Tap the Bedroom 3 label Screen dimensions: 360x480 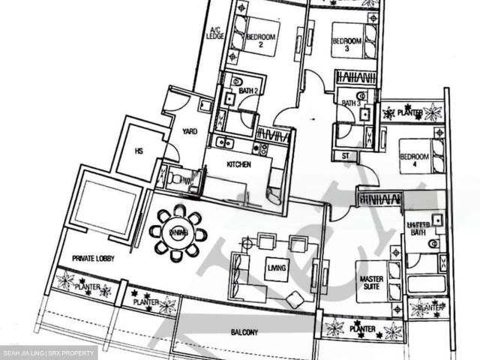click(346, 43)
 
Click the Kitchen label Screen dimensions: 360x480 click(238, 164)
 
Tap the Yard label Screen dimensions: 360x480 click(190, 131)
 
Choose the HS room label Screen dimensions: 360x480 click(139, 150)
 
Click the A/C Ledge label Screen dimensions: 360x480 click(217, 33)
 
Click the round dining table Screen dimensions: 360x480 click(178, 232)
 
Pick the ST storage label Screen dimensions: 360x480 click(345, 156)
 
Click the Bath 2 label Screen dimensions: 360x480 click(249, 91)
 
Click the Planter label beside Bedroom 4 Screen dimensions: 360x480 click(409, 112)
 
